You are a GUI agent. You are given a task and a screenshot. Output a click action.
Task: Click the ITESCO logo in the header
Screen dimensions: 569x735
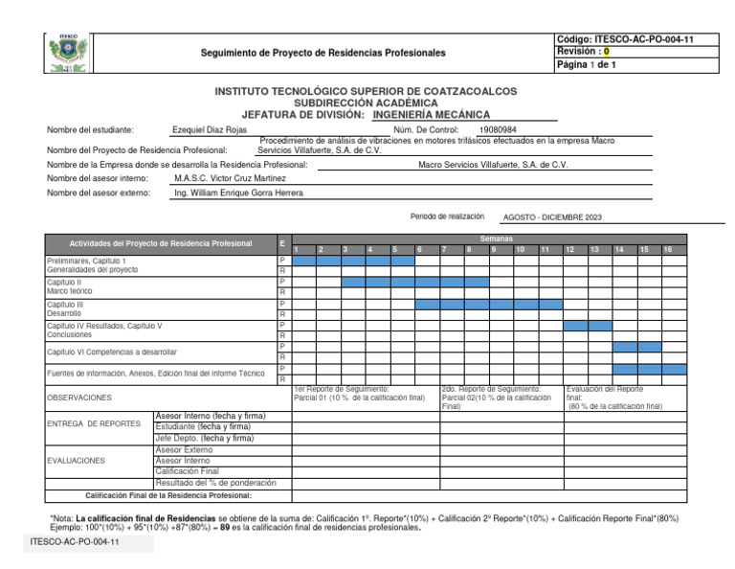pyautogui.click(x=69, y=54)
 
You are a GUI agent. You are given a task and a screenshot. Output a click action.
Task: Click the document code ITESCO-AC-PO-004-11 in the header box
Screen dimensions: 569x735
pyautogui.click(x=624, y=39)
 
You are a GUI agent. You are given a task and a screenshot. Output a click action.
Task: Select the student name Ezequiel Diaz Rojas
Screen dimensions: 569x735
pyautogui.click(x=209, y=129)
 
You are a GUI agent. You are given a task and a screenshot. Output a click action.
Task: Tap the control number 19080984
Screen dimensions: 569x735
pyautogui.click(x=498, y=129)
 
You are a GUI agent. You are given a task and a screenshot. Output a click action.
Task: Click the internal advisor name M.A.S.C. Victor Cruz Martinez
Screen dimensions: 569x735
pyautogui.click(x=230, y=178)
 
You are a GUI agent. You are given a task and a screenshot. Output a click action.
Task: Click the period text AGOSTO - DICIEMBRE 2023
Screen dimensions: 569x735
pyautogui.click(x=552, y=217)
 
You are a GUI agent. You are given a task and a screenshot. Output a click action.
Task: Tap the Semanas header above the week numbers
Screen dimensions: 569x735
pyautogui.click(x=497, y=238)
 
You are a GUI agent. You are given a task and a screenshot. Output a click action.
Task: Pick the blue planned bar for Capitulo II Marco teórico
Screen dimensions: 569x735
pyautogui.click(x=415, y=282)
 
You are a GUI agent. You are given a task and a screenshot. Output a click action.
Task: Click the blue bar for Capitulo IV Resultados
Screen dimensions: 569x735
pyautogui.click(x=587, y=326)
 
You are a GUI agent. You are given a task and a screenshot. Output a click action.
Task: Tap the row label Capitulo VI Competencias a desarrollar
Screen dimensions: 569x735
pyautogui.click(x=112, y=352)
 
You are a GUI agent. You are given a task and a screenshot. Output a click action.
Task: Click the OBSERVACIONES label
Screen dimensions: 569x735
pyautogui.click(x=79, y=397)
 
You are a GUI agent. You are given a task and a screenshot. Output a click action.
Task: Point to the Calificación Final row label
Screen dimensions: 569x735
pyautogui.click(x=188, y=471)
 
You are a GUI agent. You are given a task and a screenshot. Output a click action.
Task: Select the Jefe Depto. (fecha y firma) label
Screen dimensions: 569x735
pyautogui.click(x=204, y=438)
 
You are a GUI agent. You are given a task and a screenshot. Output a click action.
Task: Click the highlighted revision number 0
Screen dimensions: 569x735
pyautogui.click(x=606, y=52)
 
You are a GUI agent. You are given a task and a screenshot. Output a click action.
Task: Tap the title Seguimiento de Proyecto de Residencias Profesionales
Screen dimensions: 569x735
pyautogui.click(x=323, y=52)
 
